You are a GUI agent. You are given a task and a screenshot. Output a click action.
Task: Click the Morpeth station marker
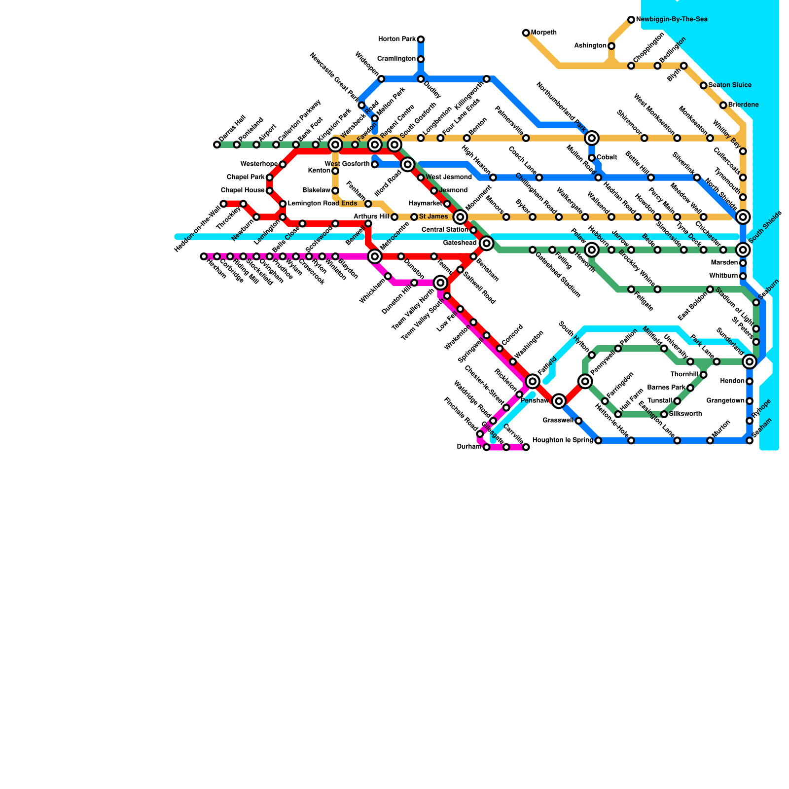[526, 33]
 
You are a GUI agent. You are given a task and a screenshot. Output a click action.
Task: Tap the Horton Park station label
[397, 39]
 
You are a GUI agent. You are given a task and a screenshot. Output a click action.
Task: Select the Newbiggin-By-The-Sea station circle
[631, 20]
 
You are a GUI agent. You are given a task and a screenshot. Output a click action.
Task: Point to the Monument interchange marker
[460, 217]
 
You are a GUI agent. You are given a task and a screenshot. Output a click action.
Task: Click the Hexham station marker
[204, 256]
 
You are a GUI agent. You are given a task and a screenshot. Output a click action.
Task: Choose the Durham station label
[469, 447]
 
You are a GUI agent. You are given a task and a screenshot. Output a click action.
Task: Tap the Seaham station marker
[750, 440]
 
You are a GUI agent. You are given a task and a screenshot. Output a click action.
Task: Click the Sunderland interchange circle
[750, 361]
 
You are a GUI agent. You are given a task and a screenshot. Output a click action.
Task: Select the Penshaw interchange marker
[559, 401]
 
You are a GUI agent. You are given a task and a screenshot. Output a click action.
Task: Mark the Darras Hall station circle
[217, 144]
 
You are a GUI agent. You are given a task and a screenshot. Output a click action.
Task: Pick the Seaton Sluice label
[730, 85]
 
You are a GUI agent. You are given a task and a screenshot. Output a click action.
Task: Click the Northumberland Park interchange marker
[592, 138]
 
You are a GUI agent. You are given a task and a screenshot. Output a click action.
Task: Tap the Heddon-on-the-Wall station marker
[223, 204]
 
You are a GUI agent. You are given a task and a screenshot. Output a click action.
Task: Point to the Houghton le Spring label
[563, 440]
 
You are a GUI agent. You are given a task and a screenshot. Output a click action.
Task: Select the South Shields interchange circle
[743, 250]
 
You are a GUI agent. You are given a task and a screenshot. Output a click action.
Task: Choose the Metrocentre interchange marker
[375, 256]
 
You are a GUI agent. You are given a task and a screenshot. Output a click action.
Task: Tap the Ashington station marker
[611, 46]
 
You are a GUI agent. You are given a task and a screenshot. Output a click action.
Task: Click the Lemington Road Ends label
[322, 204]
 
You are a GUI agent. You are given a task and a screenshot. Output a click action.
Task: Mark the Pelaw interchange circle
[592, 250]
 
